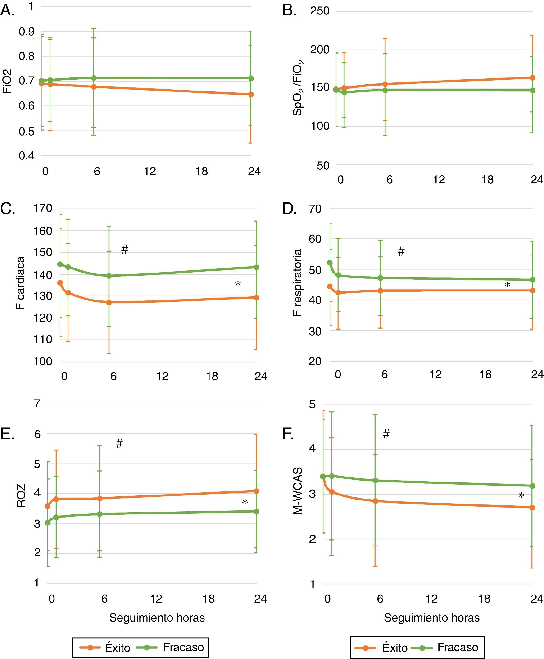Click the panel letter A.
tap(8, 11)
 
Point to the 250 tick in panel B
tap(320, 11)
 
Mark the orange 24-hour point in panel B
tap(532, 77)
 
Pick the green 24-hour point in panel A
tap(251, 78)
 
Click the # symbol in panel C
tap(124, 250)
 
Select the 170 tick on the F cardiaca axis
tap(43, 208)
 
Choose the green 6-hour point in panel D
tap(381, 278)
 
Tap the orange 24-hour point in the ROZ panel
tap(256, 491)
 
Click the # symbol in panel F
tap(386, 434)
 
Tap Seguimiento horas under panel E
tap(157, 618)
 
